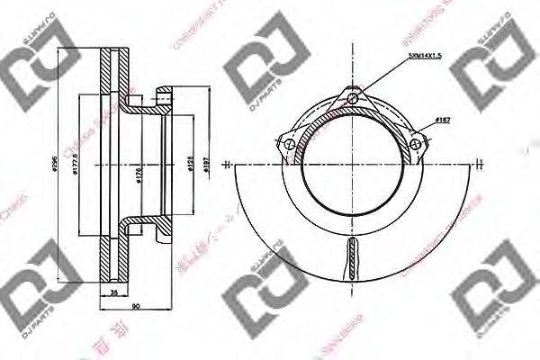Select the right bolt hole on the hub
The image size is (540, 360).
pyautogui.click(x=416, y=141)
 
